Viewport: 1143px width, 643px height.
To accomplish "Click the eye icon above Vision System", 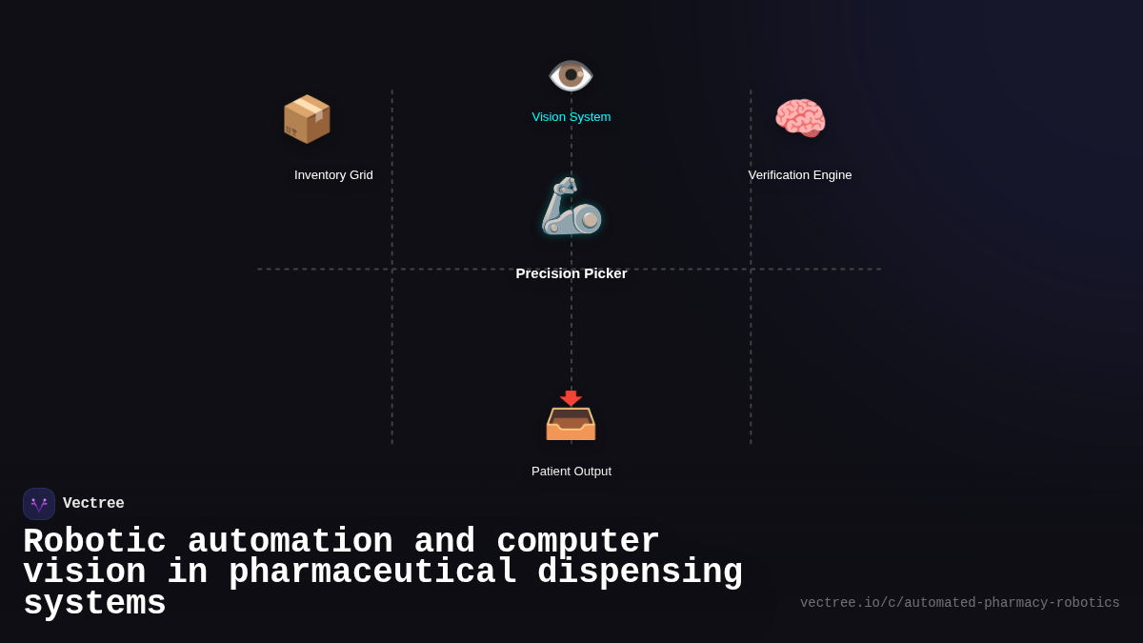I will coord(571,75).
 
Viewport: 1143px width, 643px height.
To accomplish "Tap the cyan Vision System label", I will coord(571,117).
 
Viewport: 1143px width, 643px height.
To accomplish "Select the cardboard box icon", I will coord(307,119).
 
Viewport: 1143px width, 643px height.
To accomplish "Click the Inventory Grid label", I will coord(333,175).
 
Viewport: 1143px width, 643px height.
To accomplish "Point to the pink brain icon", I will coord(800,118).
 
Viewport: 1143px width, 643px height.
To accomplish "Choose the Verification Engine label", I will coord(800,175).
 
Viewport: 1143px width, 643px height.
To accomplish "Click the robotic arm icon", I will coord(571,206).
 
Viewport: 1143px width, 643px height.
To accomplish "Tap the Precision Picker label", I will coord(571,273).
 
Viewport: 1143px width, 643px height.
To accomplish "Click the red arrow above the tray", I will coord(571,397).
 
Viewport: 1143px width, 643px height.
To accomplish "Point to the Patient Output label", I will coord(571,472).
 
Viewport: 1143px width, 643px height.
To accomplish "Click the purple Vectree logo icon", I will coord(39,504).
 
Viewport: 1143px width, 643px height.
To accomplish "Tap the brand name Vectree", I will coord(93,504).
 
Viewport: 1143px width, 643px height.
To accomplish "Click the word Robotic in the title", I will coord(94,542).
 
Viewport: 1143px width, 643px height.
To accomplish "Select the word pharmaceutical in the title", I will coord(372,573).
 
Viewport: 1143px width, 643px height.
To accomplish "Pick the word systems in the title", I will coord(94,604).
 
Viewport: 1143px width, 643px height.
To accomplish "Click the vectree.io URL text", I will coord(959,603).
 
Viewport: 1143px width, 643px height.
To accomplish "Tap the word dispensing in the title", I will coord(639,573).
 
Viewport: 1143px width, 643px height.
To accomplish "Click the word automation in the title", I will coord(290,542).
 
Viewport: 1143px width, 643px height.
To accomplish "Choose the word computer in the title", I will coord(578,542).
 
